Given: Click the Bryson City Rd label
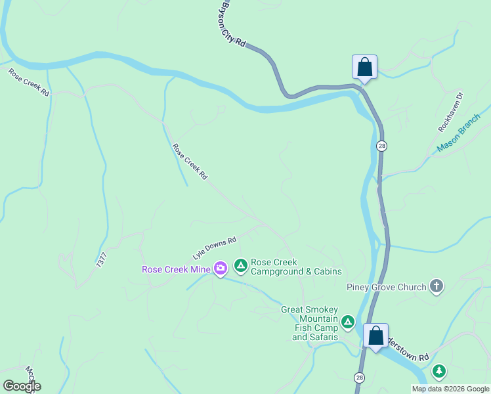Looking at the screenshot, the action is (x=232, y=23).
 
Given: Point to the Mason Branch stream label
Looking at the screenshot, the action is (x=459, y=134).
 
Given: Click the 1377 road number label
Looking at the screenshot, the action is (x=101, y=259).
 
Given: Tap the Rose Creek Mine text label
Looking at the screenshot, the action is (x=176, y=269).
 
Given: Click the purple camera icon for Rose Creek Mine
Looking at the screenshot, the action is (x=221, y=267).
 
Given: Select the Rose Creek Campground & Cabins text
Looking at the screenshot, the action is (x=296, y=267).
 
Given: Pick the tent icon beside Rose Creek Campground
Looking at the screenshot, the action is (x=241, y=265).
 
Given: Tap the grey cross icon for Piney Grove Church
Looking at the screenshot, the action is (x=437, y=286).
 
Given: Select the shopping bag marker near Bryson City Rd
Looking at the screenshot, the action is (x=364, y=68).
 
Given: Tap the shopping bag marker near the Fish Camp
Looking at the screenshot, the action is (x=375, y=336).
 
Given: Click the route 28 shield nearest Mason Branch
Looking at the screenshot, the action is (x=381, y=145).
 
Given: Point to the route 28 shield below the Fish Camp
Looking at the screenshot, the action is (x=359, y=378).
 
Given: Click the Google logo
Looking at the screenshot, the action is (x=22, y=386).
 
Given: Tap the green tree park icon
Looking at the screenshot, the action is (x=438, y=372).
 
